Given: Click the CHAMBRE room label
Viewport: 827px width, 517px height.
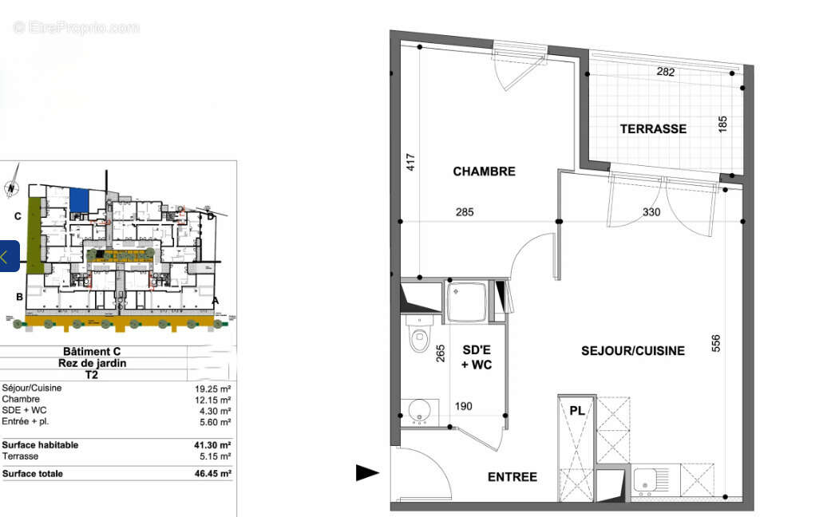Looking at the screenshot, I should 484,171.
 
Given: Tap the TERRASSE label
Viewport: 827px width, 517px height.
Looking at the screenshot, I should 653,128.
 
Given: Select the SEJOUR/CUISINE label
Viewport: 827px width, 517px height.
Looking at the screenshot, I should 632,350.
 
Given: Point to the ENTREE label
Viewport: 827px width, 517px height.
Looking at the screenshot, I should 512,476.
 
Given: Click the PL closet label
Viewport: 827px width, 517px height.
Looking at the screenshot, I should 576,411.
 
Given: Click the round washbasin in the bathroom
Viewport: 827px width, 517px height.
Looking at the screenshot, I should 419,411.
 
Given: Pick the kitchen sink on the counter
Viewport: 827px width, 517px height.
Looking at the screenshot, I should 645,480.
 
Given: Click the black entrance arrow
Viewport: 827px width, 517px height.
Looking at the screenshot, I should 367,473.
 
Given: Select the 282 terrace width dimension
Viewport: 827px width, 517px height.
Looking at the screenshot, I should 665,72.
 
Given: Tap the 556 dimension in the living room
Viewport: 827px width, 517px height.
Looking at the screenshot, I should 716,342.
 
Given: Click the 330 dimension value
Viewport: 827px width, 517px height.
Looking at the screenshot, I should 652,211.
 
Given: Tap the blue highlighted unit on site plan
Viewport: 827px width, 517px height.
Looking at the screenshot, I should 79,199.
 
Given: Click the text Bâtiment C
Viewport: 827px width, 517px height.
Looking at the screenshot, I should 92,352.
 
